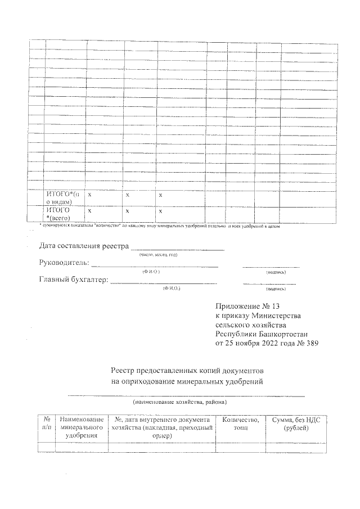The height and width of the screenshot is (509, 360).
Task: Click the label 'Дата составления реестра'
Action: (83, 246)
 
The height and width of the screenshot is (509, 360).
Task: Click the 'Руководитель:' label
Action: (64, 263)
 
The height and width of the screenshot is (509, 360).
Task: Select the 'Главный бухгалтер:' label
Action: (73, 280)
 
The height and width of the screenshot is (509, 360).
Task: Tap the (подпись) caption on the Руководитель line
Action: (276, 272)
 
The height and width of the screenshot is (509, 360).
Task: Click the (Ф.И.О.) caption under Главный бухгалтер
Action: (171, 288)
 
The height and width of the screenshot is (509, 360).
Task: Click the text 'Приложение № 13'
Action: (247, 307)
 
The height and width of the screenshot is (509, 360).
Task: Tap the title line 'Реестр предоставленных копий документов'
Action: (187, 372)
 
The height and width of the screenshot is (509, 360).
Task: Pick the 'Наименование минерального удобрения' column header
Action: (82, 427)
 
